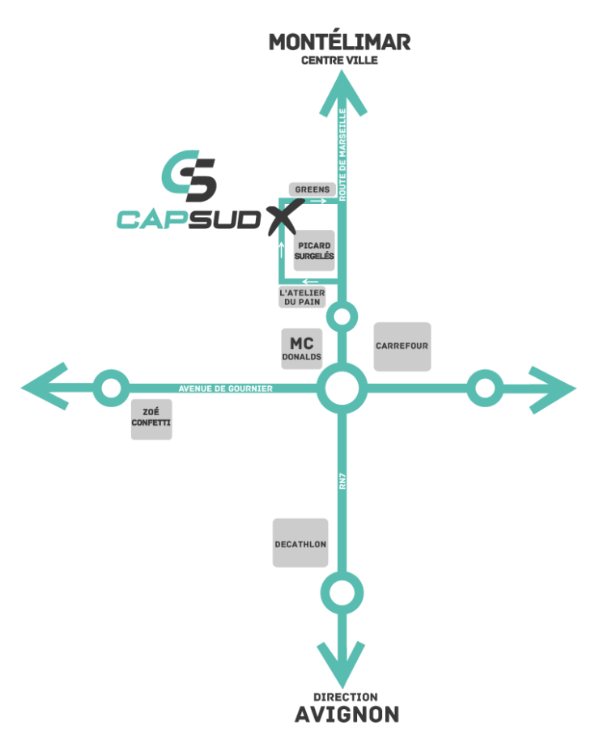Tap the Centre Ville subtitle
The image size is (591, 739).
point(339,61)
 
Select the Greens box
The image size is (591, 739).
point(312,189)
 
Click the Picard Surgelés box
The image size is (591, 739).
point(314,251)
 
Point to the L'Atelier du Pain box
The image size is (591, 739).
point(302,297)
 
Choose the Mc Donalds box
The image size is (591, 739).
point(302,349)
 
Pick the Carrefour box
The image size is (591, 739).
point(402,346)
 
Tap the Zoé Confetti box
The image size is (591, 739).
point(151,419)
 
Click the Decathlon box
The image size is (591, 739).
point(300,543)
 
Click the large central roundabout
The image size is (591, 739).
point(342,389)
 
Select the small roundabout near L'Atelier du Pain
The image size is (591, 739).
point(342,316)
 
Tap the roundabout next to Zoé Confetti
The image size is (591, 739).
point(111,389)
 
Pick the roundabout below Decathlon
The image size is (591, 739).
point(342,592)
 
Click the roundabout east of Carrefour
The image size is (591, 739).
point(485,389)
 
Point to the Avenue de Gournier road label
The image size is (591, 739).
point(225,389)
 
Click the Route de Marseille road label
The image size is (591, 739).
point(342,155)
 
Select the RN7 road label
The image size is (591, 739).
point(342,481)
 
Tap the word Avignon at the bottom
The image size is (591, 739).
point(347,715)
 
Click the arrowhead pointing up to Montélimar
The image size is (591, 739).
point(342,93)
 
